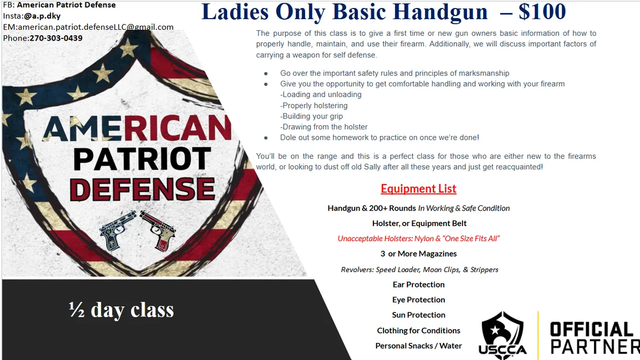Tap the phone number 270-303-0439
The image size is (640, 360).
(x=52, y=38)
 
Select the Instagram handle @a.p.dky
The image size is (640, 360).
(x=42, y=16)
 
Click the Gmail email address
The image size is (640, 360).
(x=95, y=27)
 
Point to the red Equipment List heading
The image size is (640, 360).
(x=418, y=189)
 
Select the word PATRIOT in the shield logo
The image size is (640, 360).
(x=142, y=159)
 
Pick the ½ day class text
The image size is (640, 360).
(x=121, y=310)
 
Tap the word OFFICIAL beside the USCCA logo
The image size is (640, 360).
(x=591, y=329)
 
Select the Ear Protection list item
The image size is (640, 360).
(x=418, y=284)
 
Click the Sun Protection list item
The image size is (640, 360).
(x=418, y=315)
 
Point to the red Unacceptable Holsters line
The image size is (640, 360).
(x=418, y=238)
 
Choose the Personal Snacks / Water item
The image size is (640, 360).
(x=418, y=346)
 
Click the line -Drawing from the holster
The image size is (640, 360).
(x=324, y=127)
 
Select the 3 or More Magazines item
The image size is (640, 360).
(x=418, y=253)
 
